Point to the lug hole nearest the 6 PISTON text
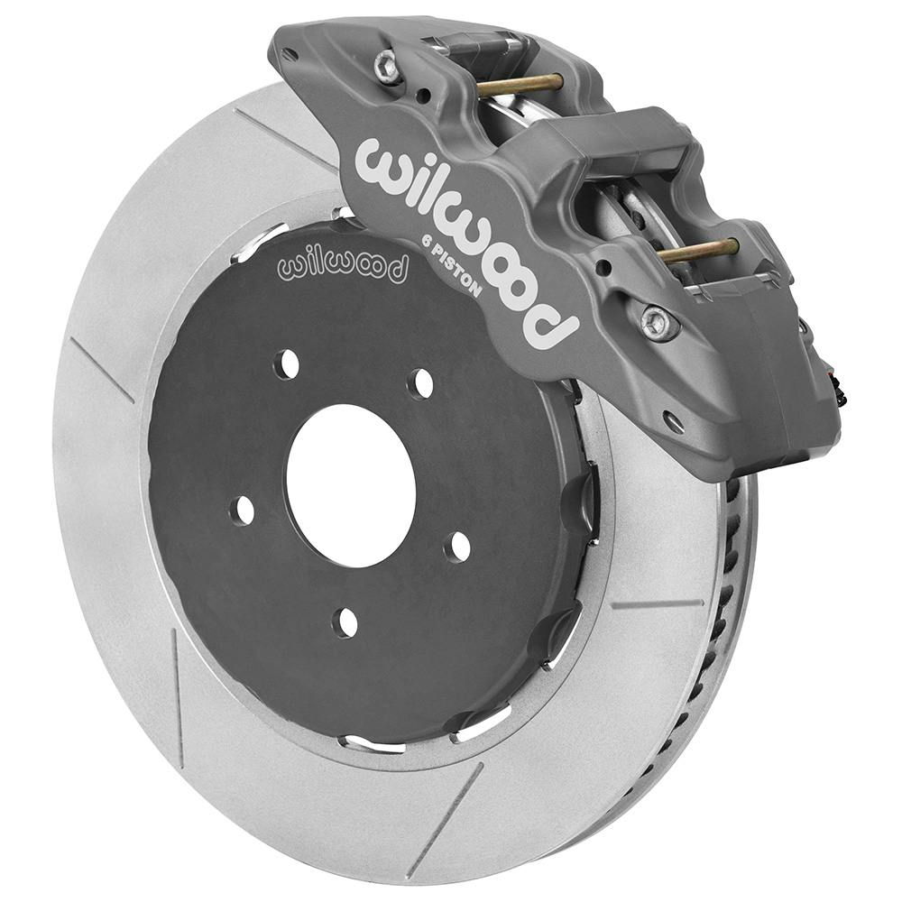[420, 383]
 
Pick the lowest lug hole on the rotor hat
[345, 621]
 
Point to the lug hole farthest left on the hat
[243, 511]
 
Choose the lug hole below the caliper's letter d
[458, 546]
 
